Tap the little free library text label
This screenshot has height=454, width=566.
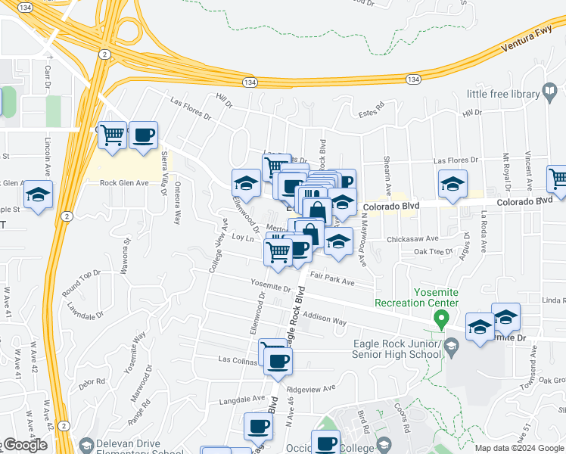pyautogui.click(x=503, y=94)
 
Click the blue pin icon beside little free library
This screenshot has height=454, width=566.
pyautogui.click(x=552, y=93)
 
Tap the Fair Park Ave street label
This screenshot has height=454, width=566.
pyautogui.click(x=332, y=281)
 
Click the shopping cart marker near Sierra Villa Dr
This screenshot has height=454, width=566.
pyautogui.click(x=113, y=136)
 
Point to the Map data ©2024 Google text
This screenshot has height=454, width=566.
pyautogui.click(x=520, y=448)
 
